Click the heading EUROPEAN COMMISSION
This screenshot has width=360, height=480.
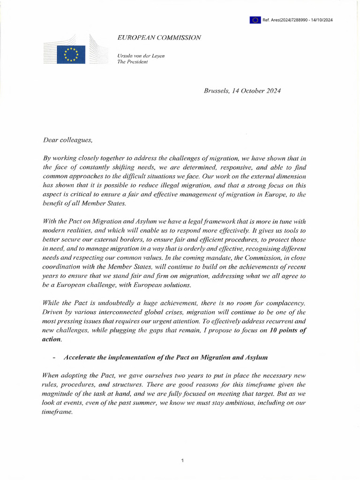(x=159, y=37)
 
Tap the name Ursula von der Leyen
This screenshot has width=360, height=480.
(x=141, y=56)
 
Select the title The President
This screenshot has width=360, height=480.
(x=132, y=62)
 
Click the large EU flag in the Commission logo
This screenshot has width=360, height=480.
(x=71, y=54)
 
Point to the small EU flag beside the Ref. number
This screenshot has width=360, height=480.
(x=255, y=20)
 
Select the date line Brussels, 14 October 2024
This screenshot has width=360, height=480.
(x=242, y=91)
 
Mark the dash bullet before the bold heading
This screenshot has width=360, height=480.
(x=55, y=358)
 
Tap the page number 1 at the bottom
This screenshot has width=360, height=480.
(x=182, y=461)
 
